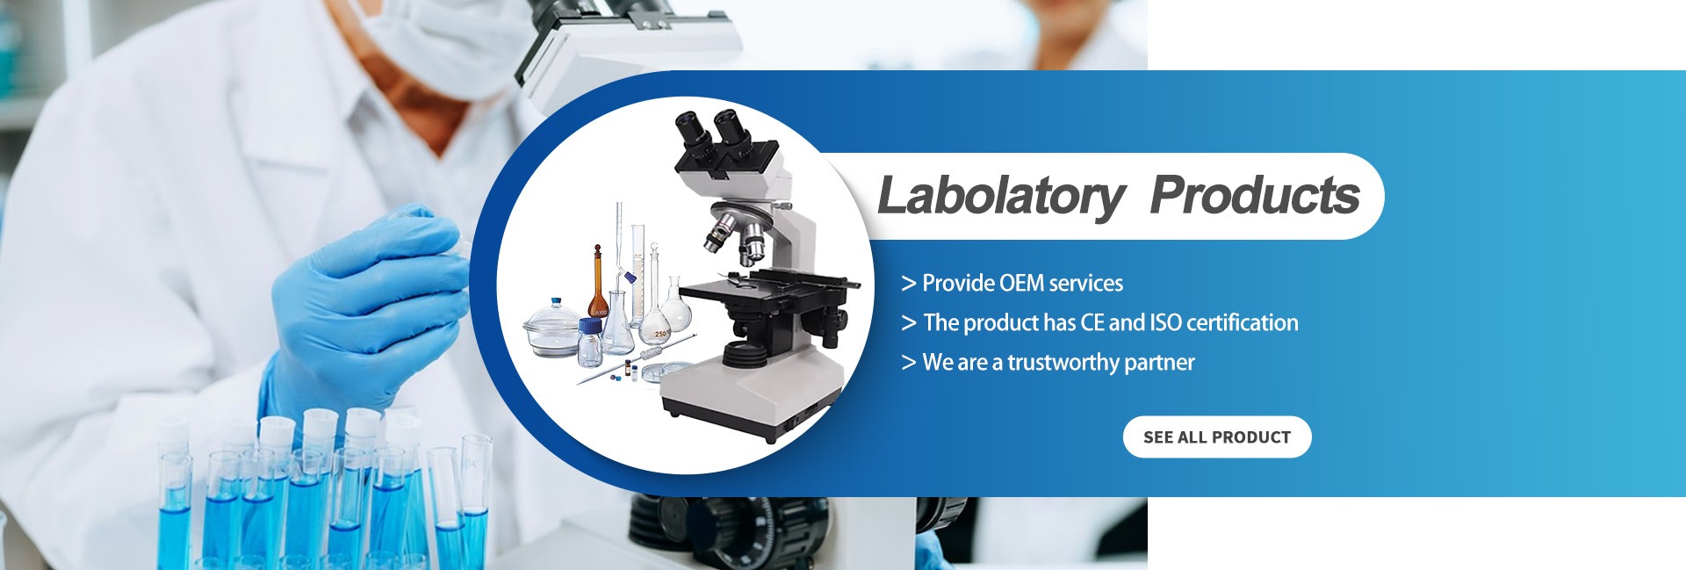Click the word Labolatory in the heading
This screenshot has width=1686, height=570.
(x=1001, y=197)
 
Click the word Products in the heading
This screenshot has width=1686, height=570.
(x=1255, y=195)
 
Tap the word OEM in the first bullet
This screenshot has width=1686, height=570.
(x=1021, y=283)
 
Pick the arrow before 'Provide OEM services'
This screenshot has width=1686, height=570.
(x=909, y=284)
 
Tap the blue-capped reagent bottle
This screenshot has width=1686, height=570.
(x=590, y=343)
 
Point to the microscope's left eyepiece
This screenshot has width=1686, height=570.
(x=692, y=130)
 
